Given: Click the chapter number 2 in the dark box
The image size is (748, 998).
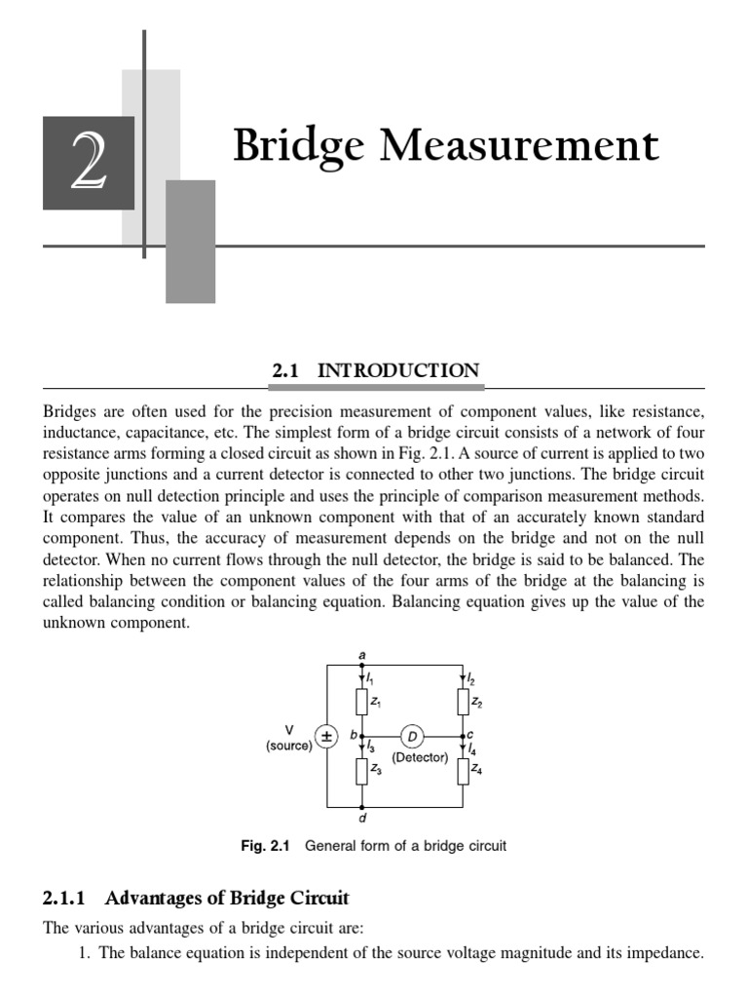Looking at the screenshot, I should tap(89, 163).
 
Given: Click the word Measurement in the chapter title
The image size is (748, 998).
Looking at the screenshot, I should tap(518, 146).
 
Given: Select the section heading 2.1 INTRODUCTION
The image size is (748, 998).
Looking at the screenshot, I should tap(374, 370).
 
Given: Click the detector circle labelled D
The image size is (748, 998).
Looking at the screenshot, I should tap(412, 735).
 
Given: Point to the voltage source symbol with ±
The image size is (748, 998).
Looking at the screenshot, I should tap(327, 736).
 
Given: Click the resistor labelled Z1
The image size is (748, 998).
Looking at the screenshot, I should tap(362, 701).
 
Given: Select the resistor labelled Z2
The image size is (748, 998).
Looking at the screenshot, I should tap(463, 701).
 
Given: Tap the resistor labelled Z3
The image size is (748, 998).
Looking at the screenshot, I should tap(362, 771).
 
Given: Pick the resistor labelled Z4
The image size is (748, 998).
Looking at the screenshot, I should tap(463, 771).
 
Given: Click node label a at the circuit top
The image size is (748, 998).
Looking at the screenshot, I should tap(362, 655).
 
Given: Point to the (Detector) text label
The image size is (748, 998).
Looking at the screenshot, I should tap(420, 757).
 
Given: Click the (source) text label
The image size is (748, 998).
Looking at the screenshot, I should tap(288, 746).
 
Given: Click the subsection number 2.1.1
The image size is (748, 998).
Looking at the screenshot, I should tap(68, 897).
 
